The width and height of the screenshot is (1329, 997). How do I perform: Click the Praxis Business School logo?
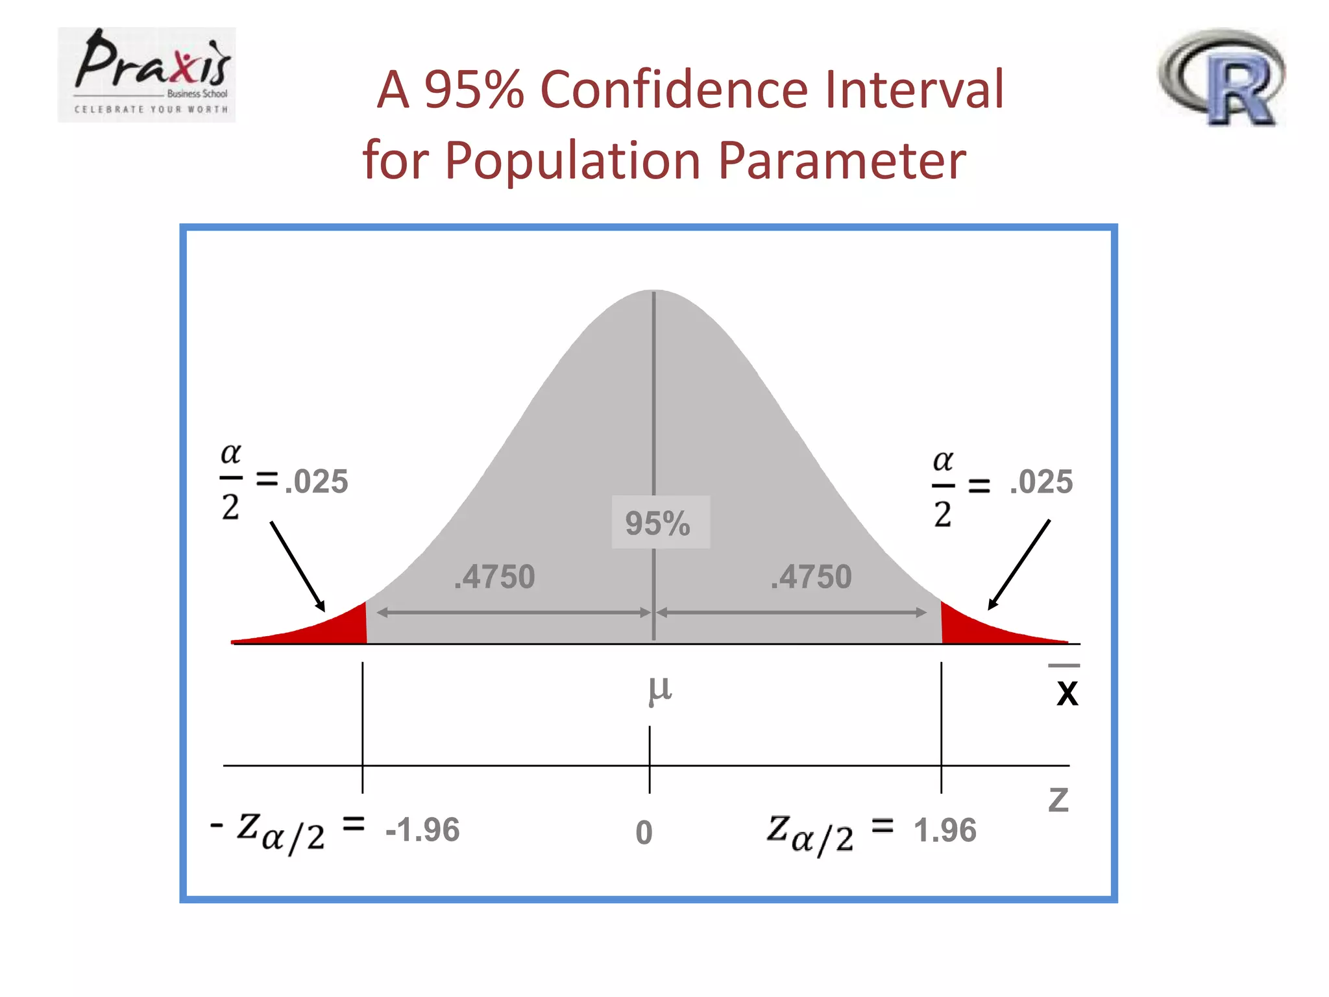147,75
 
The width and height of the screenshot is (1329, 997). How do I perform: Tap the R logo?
1223,77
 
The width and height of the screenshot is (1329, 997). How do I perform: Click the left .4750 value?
494,577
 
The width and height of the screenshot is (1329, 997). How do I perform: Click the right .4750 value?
811,577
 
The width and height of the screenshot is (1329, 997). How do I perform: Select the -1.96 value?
422,830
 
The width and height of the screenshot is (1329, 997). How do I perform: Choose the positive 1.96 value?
945,830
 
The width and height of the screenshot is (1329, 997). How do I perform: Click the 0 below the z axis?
644,833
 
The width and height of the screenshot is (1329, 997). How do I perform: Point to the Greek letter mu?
660,689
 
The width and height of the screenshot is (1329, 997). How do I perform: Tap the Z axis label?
1058,800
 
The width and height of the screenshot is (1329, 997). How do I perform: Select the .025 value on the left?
317,482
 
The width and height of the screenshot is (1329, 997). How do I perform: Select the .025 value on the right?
1041,482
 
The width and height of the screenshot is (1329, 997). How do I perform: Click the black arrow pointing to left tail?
297,565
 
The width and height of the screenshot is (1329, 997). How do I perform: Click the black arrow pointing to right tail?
1019,564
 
